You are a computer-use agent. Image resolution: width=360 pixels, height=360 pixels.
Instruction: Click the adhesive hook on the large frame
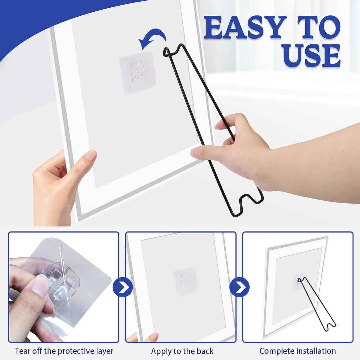pos(138,72)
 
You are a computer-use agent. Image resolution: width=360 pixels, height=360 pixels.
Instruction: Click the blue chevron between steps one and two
pos(123,287)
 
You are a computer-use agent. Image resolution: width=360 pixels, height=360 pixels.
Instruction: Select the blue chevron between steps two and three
pos(239,287)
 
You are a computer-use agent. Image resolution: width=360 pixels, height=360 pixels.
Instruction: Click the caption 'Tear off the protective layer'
pos(64,351)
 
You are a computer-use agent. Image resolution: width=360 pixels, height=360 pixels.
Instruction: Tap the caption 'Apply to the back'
pos(182,351)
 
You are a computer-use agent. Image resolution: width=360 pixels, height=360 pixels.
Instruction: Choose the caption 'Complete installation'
pos(298,351)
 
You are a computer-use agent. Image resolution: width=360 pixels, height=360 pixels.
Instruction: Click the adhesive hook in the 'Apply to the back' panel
pos(186,281)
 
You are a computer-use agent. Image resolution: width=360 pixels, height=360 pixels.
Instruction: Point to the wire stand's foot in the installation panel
pos(330,326)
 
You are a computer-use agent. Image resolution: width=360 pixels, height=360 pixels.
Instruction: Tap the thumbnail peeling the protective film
pos(64,287)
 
